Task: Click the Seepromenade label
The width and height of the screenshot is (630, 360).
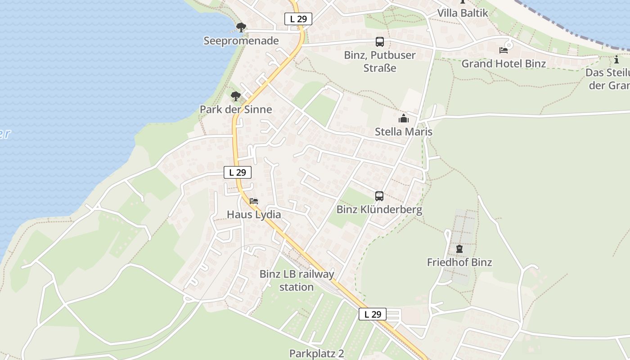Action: click(241, 41)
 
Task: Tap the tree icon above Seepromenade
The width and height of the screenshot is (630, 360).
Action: click(241, 27)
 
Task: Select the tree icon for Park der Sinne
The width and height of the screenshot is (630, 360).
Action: click(235, 96)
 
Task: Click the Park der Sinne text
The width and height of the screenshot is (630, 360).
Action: click(236, 109)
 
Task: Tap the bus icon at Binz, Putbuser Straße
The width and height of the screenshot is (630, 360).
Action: click(380, 42)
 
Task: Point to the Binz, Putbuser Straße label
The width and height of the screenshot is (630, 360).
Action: click(380, 62)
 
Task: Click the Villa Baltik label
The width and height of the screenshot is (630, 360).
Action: click(463, 13)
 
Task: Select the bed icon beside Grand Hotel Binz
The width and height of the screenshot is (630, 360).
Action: click(503, 50)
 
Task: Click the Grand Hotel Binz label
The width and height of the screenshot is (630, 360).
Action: click(504, 63)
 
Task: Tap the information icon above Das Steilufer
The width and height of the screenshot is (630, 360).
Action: click(616, 59)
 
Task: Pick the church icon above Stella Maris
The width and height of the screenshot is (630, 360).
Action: click(404, 118)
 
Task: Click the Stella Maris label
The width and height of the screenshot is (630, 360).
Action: click(404, 132)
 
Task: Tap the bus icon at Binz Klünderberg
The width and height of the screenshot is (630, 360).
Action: click(379, 196)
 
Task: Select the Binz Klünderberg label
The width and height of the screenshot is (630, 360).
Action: click(379, 210)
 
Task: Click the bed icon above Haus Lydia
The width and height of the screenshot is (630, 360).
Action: click(254, 201)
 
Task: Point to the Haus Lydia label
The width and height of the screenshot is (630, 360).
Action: click(254, 215)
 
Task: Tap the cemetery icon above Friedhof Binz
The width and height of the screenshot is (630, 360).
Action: click(459, 249)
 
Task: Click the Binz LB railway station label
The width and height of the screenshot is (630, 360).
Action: click(297, 280)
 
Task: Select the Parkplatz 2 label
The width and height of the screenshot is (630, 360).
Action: click(316, 353)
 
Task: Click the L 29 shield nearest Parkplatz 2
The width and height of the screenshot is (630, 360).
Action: click(373, 314)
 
